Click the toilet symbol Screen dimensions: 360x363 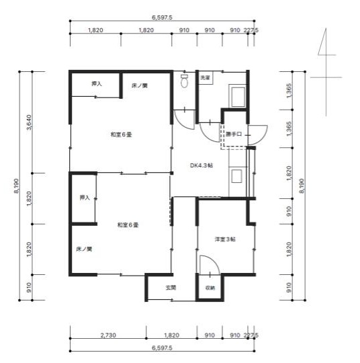(x=185, y=81)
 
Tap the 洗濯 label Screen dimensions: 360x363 (x=205, y=78)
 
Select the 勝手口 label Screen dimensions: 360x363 (x=234, y=134)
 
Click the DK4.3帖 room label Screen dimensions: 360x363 (x=201, y=165)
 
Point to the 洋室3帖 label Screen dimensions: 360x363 (x=225, y=239)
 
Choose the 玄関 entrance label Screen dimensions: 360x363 (x=171, y=288)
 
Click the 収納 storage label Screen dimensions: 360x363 (x=210, y=288)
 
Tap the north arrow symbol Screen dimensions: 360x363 (x=326, y=72)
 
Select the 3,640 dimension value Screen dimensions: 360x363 (x=29, y=122)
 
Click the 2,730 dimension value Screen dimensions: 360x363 (x=108, y=335)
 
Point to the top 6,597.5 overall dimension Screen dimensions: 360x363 (x=162, y=17)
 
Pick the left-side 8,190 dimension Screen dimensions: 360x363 (x=16, y=186)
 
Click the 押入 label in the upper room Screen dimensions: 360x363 (x=97, y=83)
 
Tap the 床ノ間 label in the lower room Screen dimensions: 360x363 (x=84, y=249)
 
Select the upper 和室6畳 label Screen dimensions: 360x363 (x=122, y=134)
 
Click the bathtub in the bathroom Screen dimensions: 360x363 (x=237, y=96)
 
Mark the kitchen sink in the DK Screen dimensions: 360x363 (x=236, y=176)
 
